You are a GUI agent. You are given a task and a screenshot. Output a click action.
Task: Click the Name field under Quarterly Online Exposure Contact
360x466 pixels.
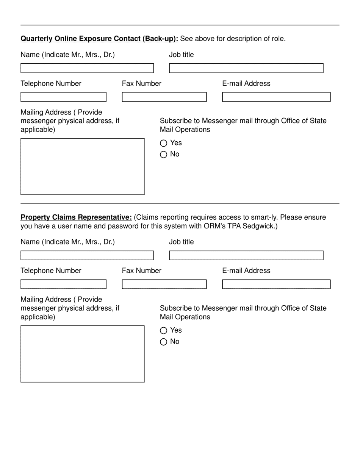tap(87, 68)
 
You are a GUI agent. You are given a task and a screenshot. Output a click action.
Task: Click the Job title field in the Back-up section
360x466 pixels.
tap(246, 68)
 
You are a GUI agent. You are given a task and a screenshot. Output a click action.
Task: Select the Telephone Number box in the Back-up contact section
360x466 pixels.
tap(63, 97)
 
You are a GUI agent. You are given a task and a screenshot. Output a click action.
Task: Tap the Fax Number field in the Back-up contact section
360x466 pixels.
tap(164, 97)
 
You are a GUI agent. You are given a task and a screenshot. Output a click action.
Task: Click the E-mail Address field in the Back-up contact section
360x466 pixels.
tap(276, 97)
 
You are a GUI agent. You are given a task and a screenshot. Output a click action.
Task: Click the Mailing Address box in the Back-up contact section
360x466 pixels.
tap(82, 166)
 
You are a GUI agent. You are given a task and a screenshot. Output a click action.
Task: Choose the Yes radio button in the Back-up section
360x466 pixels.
tap(163, 143)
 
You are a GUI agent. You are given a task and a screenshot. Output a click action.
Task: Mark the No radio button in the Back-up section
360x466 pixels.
tap(163, 155)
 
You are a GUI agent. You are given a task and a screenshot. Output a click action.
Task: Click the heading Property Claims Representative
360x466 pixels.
tap(76, 217)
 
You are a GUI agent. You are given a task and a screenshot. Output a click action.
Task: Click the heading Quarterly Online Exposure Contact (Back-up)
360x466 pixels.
tap(99, 39)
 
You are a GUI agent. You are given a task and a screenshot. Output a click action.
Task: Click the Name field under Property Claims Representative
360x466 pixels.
tap(87, 255)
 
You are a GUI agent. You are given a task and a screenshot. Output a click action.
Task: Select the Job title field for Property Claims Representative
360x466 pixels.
tap(246, 255)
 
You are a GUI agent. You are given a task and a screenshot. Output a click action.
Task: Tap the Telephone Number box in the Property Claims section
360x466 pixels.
tap(63, 284)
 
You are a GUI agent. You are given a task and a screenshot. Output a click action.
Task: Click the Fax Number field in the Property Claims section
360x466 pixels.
tap(164, 284)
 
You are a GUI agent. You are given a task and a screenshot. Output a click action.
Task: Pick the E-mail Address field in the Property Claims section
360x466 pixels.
tap(276, 284)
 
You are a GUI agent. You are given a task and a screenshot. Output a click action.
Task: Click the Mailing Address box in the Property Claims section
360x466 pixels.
tap(82, 354)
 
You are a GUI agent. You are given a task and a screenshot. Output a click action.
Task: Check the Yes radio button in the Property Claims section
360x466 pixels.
tap(163, 331)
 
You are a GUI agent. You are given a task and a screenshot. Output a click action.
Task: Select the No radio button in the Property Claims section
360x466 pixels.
tap(163, 342)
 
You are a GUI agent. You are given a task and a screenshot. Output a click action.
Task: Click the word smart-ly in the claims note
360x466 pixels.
tap(264, 217)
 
